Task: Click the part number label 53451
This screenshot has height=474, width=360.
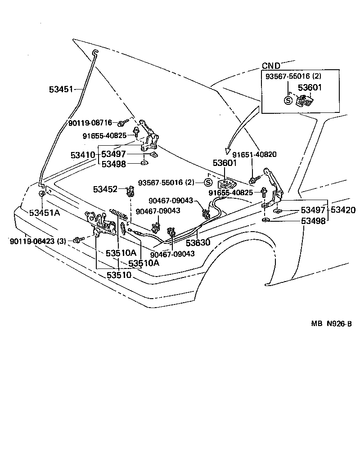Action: coord(61,89)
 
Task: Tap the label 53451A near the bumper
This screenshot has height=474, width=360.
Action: coord(45,213)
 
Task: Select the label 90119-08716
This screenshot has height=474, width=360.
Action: coord(90,122)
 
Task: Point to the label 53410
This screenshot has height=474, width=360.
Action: coord(83,155)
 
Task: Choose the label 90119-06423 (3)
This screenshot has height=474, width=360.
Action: coord(38,241)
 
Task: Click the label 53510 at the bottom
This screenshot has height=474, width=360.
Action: coord(119,275)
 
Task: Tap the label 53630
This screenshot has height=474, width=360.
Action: coord(198,243)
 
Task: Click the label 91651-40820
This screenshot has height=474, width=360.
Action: coord(254,154)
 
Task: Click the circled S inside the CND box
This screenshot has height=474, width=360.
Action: coord(288,100)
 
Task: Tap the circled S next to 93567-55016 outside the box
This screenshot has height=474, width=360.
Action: coord(208,183)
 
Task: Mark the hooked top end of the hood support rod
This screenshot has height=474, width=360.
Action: coord(95,53)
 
